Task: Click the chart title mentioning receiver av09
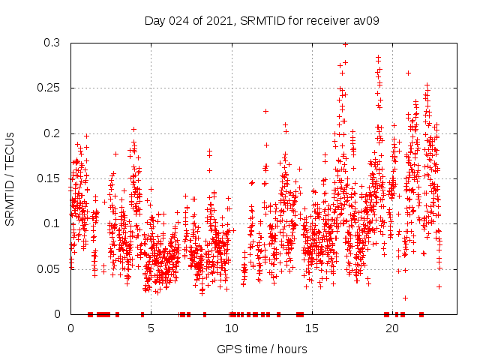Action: [262, 20]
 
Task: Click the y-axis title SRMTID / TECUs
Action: [10, 178]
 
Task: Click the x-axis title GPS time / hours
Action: [262, 349]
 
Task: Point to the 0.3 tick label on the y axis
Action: [51, 43]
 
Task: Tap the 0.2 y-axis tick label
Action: [51, 133]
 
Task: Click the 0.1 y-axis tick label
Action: [51, 223]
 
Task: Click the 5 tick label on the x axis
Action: [151, 328]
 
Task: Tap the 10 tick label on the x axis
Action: [232, 328]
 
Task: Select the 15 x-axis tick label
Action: [312, 328]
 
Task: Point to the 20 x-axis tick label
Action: [392, 328]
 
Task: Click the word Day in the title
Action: [155, 20]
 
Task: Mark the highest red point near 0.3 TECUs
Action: [345, 44]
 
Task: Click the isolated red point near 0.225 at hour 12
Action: [265, 111]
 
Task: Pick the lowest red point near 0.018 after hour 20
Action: [405, 298]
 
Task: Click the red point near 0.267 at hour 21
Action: [408, 73]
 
